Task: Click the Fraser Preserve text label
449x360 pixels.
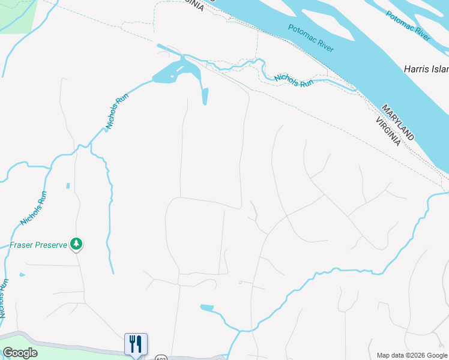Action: coord(38,245)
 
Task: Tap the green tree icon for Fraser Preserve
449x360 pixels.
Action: coord(76,244)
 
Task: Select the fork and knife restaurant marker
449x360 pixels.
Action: coord(136,344)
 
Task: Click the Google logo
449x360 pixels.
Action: coord(20,353)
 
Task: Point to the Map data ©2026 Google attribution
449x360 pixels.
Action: coord(411,355)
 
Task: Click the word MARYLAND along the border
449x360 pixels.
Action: coord(398,123)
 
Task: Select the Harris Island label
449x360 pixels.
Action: coord(426,68)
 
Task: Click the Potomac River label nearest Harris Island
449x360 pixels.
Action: coord(408,26)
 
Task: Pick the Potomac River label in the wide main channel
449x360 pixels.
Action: coord(310,38)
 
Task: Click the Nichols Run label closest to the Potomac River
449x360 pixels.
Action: coord(294,81)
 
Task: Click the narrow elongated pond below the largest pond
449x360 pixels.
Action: coord(205,96)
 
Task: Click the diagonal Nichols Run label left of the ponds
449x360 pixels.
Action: coord(118,112)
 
